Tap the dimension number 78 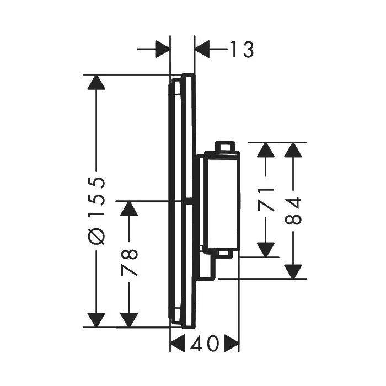[x=129, y=262]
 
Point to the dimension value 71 [x=267, y=200]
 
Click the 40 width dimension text [x=204, y=345]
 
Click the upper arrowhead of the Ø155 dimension [x=96, y=83]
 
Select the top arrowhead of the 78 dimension [x=129, y=208]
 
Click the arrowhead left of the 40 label [x=178, y=345]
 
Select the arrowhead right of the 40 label [x=231, y=345]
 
